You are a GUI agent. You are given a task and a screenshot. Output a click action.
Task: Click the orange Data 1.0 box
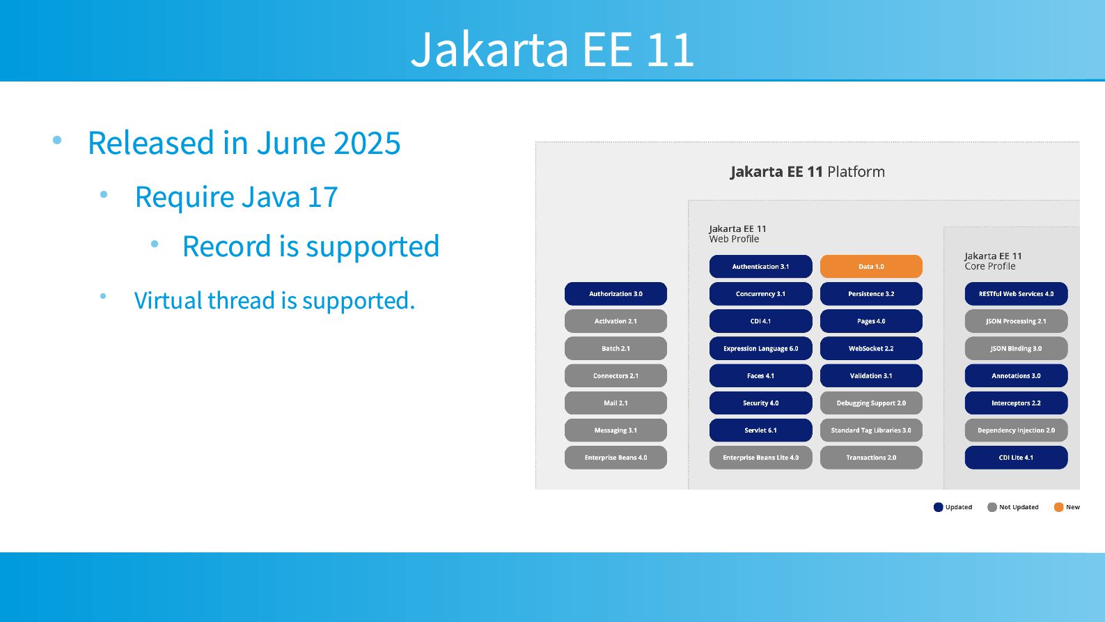click(871, 267)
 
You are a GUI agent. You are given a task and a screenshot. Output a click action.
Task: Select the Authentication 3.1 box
click(760, 267)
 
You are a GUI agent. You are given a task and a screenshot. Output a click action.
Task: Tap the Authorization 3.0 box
click(616, 294)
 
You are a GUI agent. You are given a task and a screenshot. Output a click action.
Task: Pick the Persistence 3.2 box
click(871, 294)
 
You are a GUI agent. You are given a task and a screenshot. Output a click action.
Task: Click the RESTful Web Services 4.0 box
click(1016, 294)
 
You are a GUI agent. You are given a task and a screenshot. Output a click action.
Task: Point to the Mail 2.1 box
click(616, 403)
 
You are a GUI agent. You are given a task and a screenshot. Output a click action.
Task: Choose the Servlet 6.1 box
click(760, 430)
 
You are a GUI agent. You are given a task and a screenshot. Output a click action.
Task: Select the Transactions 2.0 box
click(871, 458)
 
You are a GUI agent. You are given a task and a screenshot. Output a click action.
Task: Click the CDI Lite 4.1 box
click(1016, 458)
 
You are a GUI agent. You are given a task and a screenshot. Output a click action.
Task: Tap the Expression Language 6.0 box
click(760, 348)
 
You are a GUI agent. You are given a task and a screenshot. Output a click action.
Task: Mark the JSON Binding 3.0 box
click(1016, 348)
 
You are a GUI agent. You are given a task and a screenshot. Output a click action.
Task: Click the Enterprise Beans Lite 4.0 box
click(760, 458)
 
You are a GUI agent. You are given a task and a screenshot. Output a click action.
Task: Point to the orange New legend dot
click(1058, 507)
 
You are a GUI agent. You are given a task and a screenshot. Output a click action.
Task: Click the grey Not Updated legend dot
click(992, 507)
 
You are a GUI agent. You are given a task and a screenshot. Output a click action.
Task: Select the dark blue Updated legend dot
click(939, 507)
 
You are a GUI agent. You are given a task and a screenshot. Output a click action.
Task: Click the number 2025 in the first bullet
click(367, 143)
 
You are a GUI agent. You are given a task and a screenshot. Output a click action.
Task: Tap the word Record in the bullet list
click(226, 246)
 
